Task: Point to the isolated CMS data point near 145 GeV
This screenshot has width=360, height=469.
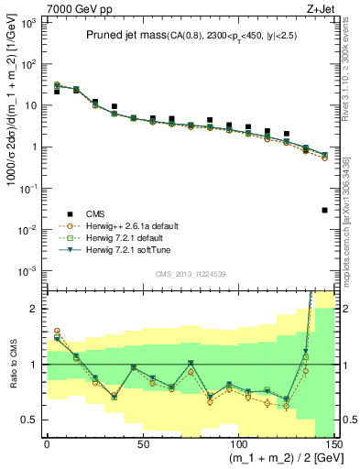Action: (x=325, y=211)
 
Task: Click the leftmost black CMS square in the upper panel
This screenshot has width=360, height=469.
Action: (x=57, y=92)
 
